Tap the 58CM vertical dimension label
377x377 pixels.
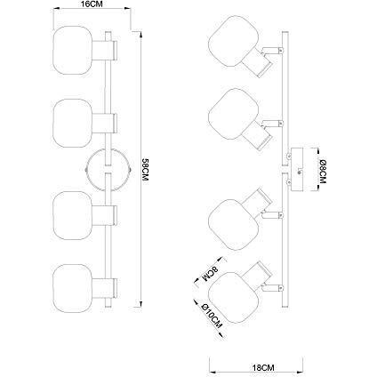(145, 170)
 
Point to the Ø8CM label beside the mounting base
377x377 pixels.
(323, 172)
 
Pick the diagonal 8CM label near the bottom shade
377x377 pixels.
(210, 273)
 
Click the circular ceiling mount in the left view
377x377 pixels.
(108, 170)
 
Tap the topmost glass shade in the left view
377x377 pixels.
(73, 50)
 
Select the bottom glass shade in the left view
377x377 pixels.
(73, 288)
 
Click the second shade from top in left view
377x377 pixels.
(73, 123)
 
